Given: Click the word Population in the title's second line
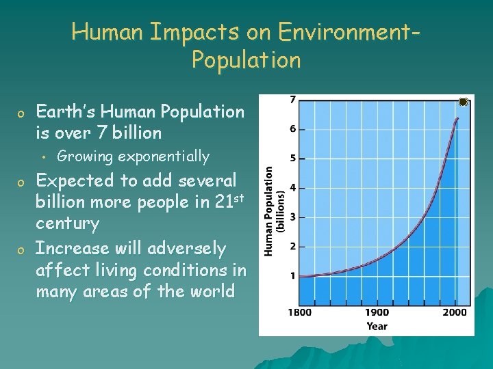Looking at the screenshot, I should tap(246, 60).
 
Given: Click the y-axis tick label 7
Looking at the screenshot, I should tap(293, 100).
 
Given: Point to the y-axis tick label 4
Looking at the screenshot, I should tap(293, 187).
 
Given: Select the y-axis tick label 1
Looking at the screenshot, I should tap(293, 275).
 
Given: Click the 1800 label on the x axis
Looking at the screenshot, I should tap(299, 312).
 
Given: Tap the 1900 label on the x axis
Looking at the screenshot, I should tap(377, 312).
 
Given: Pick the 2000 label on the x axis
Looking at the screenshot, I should tap(454, 312).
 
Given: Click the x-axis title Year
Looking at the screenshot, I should tap(377, 326).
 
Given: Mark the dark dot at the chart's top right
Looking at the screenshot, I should tap(463, 102).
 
